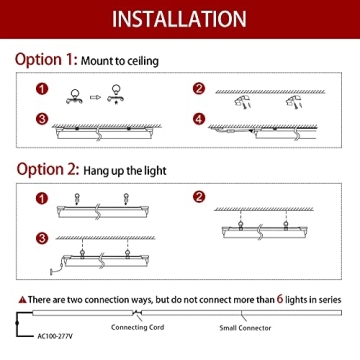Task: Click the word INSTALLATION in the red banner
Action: [179, 19]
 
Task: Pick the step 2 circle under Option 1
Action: [199, 88]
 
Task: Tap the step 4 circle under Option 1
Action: [199, 119]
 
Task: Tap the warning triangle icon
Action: [22, 299]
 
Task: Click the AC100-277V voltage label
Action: [50, 340]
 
